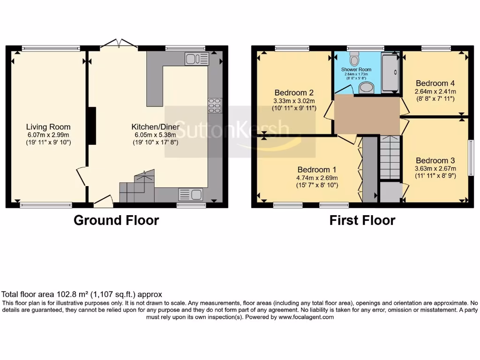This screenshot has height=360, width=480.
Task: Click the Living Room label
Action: click(x=48, y=127)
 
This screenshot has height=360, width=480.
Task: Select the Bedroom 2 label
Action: click(x=294, y=92)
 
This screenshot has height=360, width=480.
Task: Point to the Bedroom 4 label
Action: click(x=435, y=83)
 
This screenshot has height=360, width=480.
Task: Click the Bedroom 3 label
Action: click(x=435, y=160)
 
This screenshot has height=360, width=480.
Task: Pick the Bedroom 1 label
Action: click(x=317, y=169)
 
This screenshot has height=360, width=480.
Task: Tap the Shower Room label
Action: click(x=354, y=69)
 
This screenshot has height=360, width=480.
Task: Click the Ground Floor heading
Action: click(x=116, y=220)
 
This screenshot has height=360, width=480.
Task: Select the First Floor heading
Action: click(x=362, y=220)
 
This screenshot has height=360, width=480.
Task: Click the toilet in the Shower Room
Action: click(x=354, y=59)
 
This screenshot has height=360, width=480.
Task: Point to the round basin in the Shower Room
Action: click(x=366, y=88)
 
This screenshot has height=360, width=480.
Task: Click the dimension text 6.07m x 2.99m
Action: click(x=48, y=135)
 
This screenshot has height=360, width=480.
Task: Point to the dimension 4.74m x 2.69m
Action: click(x=317, y=178)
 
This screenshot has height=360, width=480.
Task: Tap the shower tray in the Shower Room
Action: click(x=390, y=71)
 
